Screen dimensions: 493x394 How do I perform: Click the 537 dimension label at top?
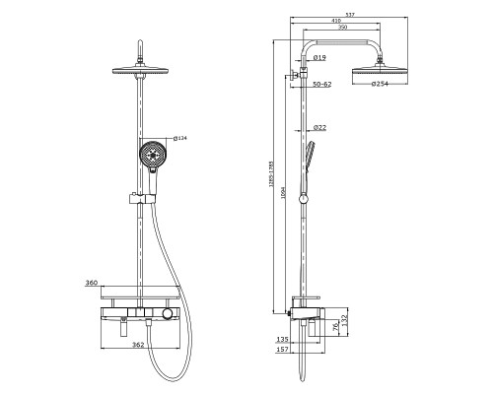pyautogui.click(x=350, y=15)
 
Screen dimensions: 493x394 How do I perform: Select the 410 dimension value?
pyautogui.click(x=336, y=21)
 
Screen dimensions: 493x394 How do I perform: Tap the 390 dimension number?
pyautogui.click(x=342, y=28)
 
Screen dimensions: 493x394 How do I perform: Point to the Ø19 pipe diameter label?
pyautogui.click(x=319, y=58)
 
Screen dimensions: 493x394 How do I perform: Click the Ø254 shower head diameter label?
pyautogui.click(x=380, y=84)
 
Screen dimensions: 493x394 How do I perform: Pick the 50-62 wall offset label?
pyautogui.click(x=322, y=84)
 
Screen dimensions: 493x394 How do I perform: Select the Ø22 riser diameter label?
pyautogui.click(x=319, y=127)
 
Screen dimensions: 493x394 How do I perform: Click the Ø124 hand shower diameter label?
pyautogui.click(x=180, y=138)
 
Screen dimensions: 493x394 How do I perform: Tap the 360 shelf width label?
pyautogui.click(x=92, y=283)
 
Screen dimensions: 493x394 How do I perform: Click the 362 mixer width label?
pyautogui.click(x=138, y=345)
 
